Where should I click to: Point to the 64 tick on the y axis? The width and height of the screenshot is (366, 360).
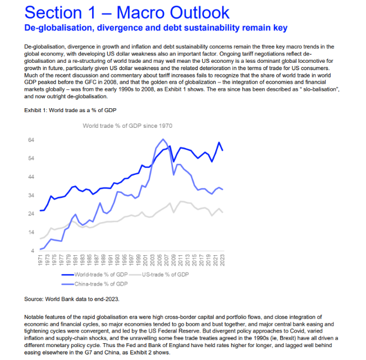(32, 140)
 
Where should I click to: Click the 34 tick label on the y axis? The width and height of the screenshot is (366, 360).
(32, 195)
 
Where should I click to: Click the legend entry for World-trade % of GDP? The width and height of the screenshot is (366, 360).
(99, 275)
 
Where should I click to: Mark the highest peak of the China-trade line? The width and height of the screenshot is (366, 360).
(163, 140)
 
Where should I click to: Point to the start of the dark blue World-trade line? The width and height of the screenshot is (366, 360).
(40, 210)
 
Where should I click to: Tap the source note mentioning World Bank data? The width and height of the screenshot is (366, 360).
(72, 299)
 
